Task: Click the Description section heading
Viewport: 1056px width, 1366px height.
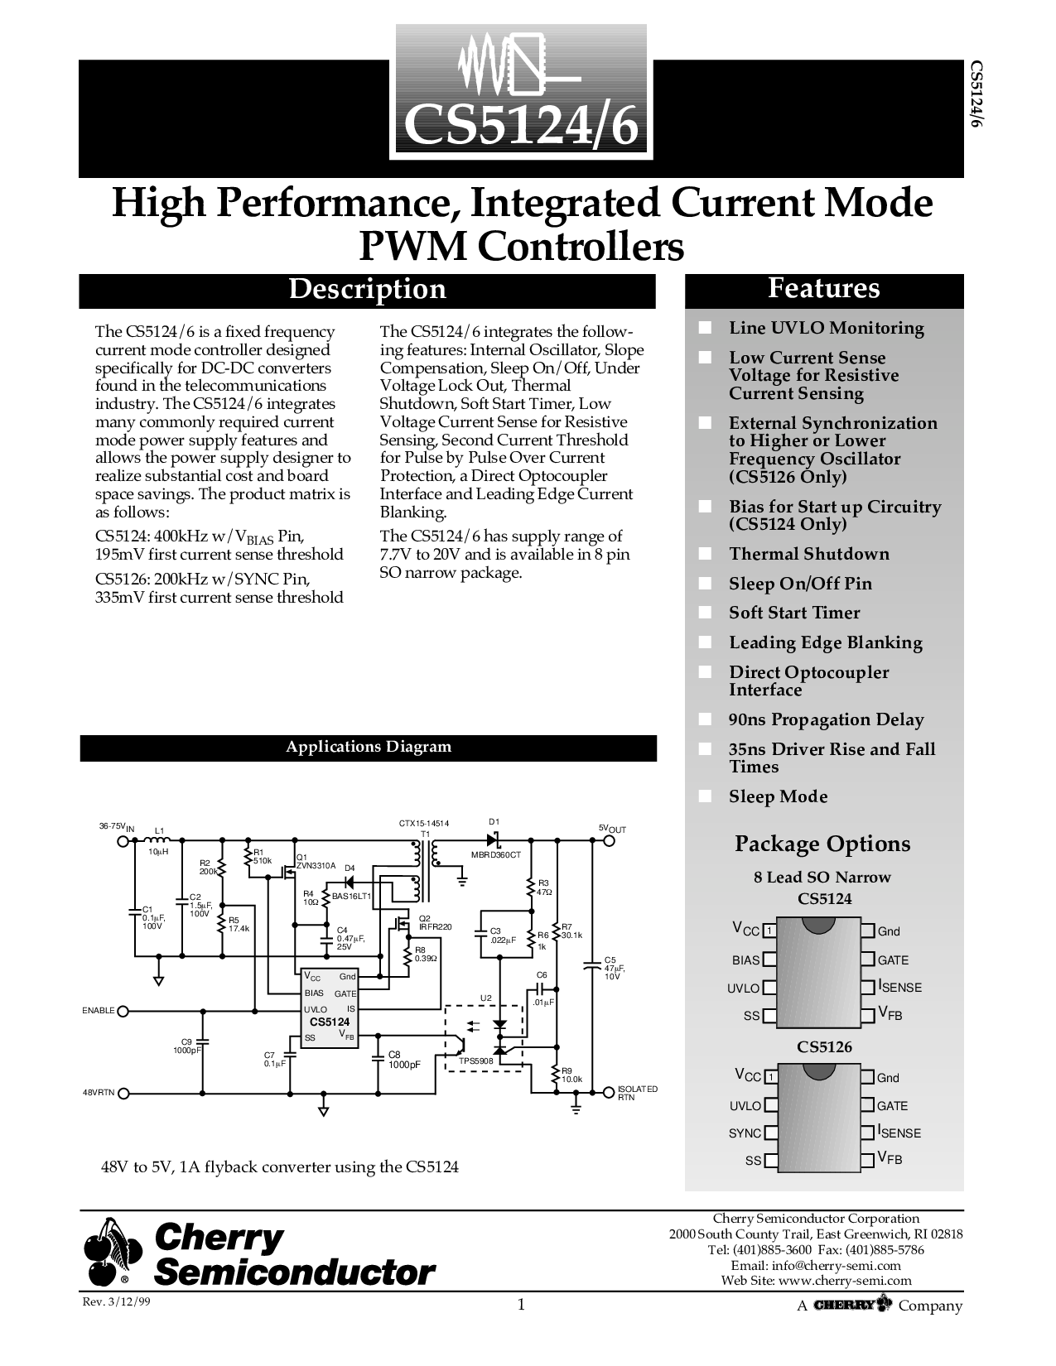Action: point(367,289)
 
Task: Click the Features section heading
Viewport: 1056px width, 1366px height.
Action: point(824,288)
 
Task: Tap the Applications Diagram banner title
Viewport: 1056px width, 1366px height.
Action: point(369,747)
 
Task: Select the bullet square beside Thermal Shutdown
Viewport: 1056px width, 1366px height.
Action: point(705,554)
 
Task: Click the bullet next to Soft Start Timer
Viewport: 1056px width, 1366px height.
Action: point(705,613)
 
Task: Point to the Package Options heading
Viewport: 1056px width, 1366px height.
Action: point(822,844)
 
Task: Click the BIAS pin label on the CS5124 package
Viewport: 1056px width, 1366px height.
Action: point(746,960)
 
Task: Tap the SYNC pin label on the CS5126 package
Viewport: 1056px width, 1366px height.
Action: point(745,1133)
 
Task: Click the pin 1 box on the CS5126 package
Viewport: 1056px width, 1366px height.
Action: point(770,1077)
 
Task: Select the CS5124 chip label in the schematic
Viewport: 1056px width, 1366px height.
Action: point(330,1022)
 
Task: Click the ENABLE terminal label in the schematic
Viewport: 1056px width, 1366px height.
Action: point(99,1011)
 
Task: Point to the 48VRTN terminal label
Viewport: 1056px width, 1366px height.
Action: point(99,1093)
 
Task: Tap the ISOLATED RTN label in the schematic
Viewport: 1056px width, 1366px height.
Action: point(637,1093)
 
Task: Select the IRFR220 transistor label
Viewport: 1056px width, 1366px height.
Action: point(435,927)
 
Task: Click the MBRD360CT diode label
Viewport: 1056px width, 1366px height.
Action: point(496,855)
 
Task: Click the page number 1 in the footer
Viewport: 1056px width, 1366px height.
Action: point(521,1305)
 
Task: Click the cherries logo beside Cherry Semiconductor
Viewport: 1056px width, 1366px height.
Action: point(113,1252)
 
